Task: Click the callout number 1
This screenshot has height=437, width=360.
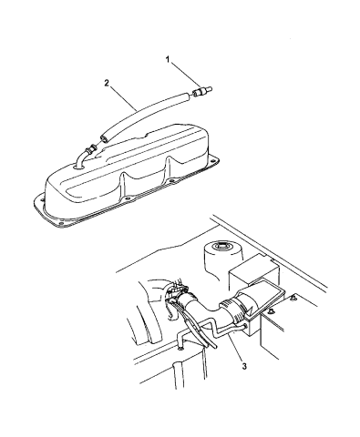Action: (x=167, y=60)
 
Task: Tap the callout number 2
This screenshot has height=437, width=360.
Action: (x=107, y=83)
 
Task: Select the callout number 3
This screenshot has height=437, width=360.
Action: (x=244, y=366)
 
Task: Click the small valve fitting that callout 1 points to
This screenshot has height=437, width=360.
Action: (x=202, y=91)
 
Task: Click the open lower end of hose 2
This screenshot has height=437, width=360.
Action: (x=105, y=138)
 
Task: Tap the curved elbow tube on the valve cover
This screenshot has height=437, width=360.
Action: (x=85, y=156)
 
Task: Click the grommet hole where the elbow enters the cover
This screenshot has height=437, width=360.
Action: (x=78, y=167)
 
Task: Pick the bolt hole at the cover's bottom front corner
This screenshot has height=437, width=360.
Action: (x=61, y=224)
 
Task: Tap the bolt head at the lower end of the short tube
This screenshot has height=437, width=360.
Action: (x=180, y=349)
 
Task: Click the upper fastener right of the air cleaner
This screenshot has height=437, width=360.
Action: (x=293, y=297)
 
